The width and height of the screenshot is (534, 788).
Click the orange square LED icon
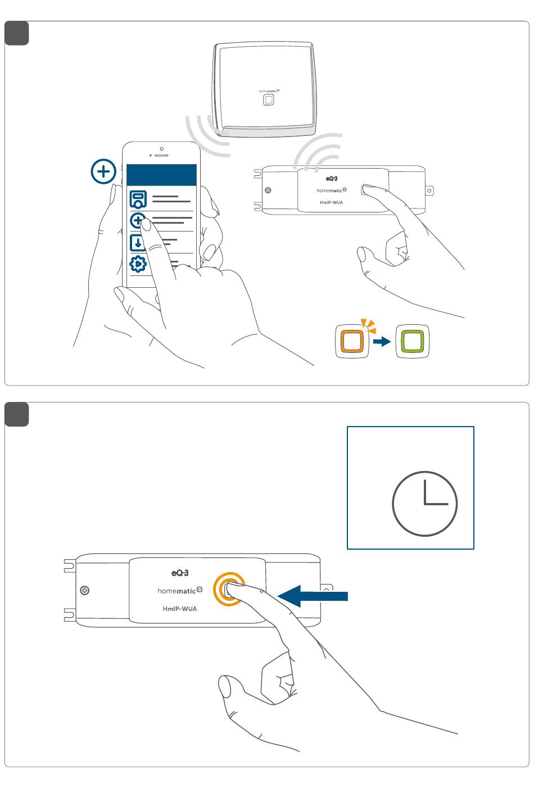(x=352, y=341)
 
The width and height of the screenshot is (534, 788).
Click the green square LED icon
(x=413, y=341)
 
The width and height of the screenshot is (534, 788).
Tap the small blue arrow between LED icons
(x=382, y=341)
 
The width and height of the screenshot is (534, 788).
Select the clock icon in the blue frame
(x=424, y=504)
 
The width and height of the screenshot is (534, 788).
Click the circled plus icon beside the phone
(x=103, y=171)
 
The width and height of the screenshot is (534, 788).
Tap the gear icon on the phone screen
(x=138, y=264)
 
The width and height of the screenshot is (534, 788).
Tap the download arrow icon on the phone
(x=138, y=243)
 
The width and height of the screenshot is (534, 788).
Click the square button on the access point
(x=269, y=100)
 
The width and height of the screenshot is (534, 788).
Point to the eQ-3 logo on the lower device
(x=180, y=573)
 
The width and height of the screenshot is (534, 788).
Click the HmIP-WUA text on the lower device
(x=180, y=609)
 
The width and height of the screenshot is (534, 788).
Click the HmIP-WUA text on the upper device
(x=331, y=202)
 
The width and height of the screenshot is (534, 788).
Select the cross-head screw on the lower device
(x=85, y=591)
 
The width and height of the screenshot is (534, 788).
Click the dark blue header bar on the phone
(x=162, y=175)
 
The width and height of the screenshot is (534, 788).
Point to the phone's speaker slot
(x=162, y=155)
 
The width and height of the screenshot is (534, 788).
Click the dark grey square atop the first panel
(x=17, y=33)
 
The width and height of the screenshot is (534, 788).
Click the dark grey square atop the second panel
(x=17, y=414)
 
